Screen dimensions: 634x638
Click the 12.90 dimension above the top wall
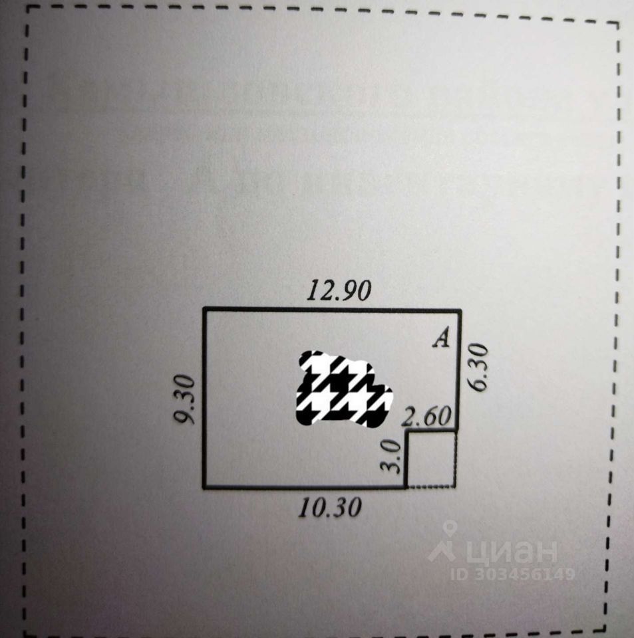(338, 292)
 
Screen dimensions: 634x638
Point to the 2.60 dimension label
(428, 417)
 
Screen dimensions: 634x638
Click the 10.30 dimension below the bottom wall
(329, 508)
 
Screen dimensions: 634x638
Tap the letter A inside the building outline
(441, 339)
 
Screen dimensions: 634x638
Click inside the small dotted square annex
(431, 459)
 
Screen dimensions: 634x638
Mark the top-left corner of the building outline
(204, 309)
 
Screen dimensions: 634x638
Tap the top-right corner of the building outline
(460, 310)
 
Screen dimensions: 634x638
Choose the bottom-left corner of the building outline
(204, 487)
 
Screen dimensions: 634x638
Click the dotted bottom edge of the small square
(431, 487)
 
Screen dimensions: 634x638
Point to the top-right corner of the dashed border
(618, 23)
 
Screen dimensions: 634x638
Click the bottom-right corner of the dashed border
(605, 628)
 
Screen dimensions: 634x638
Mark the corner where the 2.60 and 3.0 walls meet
(406, 432)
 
